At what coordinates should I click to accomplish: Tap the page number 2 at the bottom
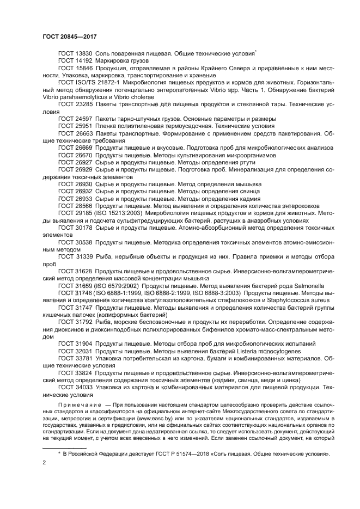pos(44,462)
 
